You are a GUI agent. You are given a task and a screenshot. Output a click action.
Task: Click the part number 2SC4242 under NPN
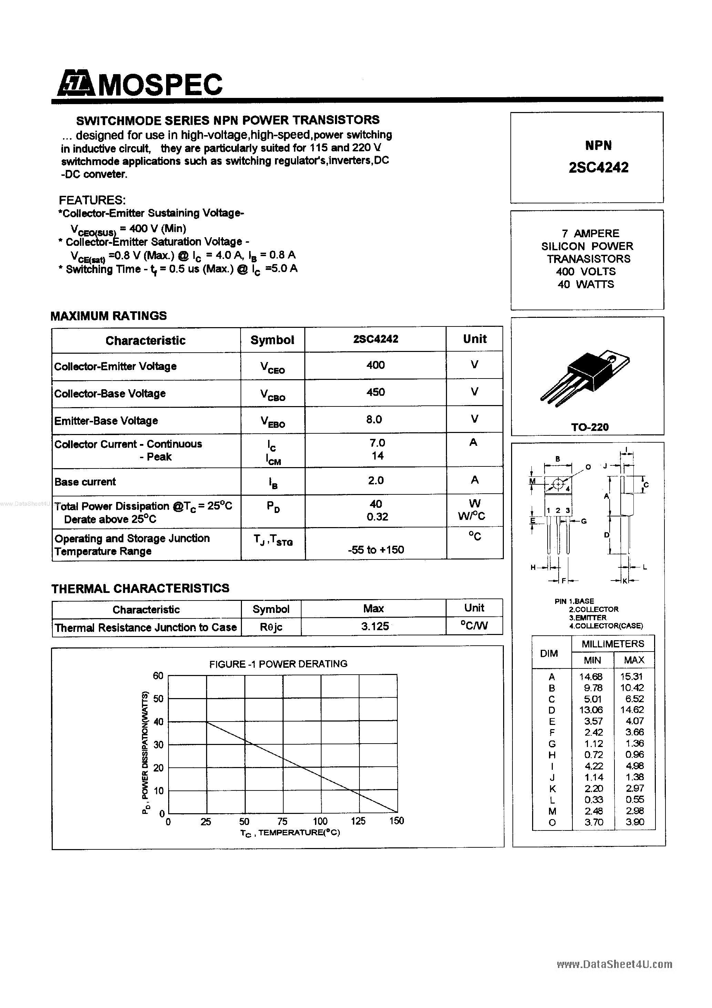[x=598, y=167]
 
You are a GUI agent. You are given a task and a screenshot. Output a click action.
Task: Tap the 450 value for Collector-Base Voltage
[x=375, y=392]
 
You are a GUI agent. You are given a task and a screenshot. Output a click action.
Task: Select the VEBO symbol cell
[x=273, y=422]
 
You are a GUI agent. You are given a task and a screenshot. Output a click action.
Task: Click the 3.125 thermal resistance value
[x=375, y=626]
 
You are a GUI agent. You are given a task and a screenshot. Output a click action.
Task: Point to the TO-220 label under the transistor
[x=590, y=427]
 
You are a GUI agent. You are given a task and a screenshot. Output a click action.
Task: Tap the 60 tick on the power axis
[x=158, y=676]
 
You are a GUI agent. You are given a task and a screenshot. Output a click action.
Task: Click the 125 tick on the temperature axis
[x=358, y=821]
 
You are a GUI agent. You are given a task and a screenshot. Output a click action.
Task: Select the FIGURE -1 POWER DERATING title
[x=278, y=664]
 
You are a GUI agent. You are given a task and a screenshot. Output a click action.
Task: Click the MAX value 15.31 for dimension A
[x=631, y=676]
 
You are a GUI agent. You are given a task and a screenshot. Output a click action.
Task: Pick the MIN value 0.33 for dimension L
[x=594, y=799]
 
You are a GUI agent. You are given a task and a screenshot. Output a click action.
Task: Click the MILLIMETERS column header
[x=613, y=644]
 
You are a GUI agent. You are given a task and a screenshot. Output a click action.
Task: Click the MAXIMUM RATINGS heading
[x=109, y=316]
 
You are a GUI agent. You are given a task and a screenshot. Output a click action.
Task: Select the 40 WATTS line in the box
[x=586, y=284]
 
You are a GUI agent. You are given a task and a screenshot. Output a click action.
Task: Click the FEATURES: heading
[x=92, y=200]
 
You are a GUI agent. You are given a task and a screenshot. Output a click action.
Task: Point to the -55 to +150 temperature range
[x=375, y=550]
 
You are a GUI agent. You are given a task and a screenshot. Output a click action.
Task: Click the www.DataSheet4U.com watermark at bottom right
[x=614, y=964]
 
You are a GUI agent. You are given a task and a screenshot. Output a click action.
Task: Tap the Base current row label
[x=85, y=482]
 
